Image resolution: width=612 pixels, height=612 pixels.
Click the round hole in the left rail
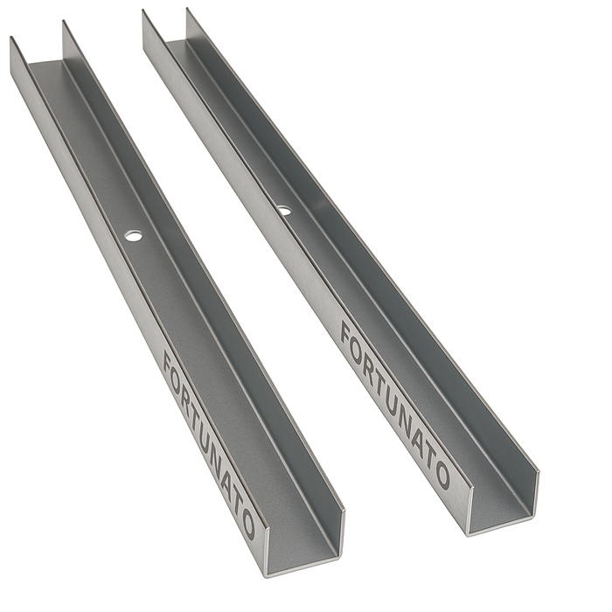click(133, 236)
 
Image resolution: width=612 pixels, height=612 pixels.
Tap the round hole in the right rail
click(283, 210)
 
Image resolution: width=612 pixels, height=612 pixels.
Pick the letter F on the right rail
click(346, 331)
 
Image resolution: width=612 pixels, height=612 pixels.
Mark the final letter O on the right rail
click(442, 476)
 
